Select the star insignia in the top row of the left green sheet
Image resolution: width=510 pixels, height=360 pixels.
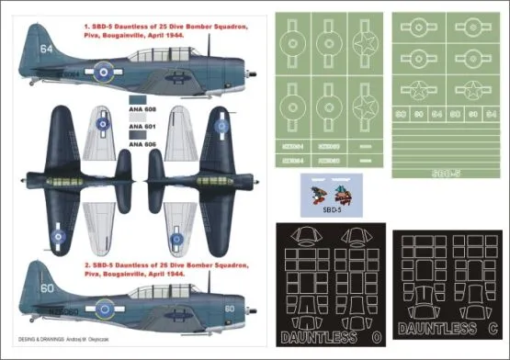coord(363,41)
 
